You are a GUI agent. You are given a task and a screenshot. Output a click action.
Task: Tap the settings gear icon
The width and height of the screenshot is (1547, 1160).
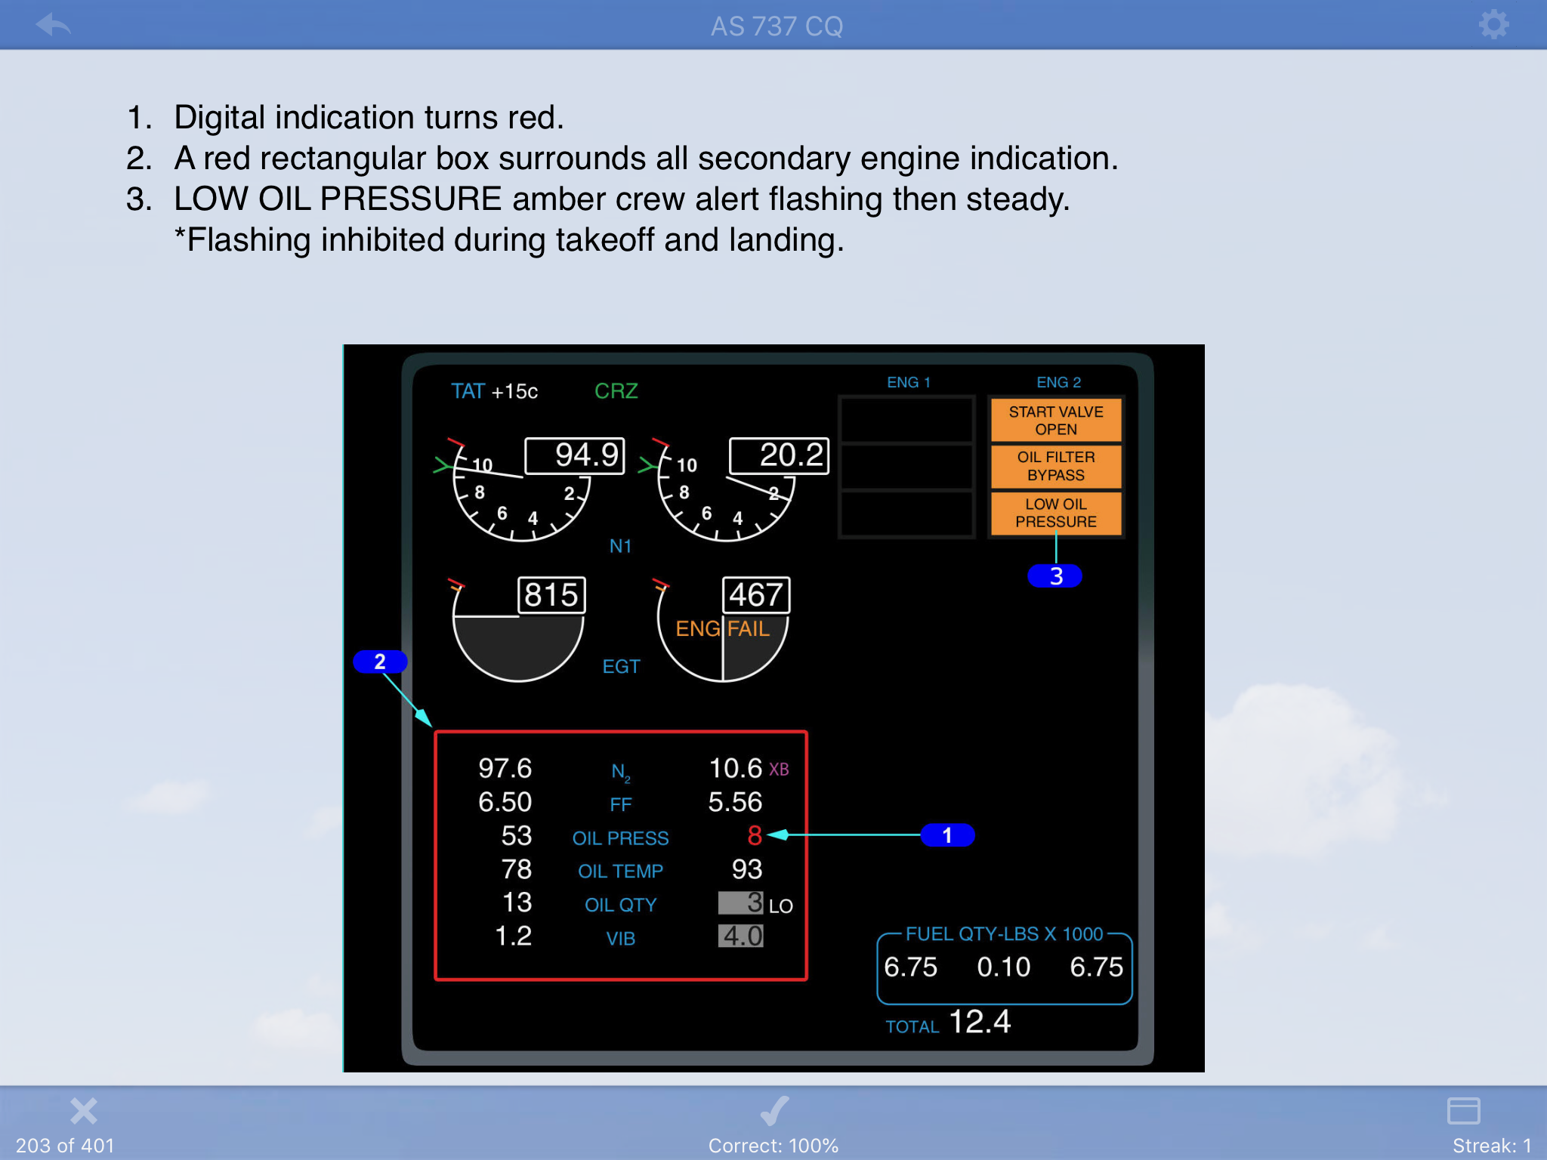tap(1493, 24)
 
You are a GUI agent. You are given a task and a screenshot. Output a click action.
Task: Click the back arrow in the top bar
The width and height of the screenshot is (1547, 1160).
tap(53, 24)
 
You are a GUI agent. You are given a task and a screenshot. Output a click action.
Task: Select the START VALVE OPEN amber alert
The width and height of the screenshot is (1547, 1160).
tap(1056, 420)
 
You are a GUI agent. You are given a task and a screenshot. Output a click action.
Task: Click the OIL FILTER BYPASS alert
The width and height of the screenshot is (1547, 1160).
tap(1056, 466)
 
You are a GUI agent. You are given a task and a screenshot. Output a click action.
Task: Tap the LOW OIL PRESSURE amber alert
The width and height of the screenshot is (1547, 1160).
tap(1056, 513)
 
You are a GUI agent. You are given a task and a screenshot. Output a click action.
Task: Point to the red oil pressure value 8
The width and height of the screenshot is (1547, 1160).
tap(754, 835)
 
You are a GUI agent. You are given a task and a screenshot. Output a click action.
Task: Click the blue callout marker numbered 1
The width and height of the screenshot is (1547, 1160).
tap(947, 835)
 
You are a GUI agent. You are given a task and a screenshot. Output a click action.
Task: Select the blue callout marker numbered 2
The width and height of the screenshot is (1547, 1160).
tap(380, 662)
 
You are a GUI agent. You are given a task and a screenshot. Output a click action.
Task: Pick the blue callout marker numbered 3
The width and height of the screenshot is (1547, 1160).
tap(1055, 576)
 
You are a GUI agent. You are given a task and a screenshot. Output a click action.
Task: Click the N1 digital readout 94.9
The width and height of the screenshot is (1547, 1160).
tap(576, 455)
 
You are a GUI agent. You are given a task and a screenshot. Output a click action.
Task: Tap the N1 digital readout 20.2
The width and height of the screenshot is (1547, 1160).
tap(780, 455)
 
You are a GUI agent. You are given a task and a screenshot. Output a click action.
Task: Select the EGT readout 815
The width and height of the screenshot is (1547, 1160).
tap(551, 595)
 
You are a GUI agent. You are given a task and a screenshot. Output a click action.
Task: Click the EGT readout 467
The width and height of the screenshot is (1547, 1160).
tap(756, 595)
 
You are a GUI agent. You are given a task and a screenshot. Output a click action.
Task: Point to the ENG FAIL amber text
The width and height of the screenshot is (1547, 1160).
tap(722, 628)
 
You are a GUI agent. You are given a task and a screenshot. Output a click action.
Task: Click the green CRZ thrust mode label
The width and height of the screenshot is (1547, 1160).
tap(616, 391)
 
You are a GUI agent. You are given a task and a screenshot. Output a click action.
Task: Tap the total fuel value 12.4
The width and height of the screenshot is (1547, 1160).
tap(980, 1022)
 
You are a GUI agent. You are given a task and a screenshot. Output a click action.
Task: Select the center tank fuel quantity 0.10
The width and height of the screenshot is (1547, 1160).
tap(1003, 967)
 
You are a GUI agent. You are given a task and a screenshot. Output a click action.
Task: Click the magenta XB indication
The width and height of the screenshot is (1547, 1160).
tap(779, 770)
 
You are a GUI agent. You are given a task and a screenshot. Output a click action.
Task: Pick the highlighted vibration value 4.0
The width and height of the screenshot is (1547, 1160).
tap(741, 936)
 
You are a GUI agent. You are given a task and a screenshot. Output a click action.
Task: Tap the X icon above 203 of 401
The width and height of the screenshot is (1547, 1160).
tap(84, 1111)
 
